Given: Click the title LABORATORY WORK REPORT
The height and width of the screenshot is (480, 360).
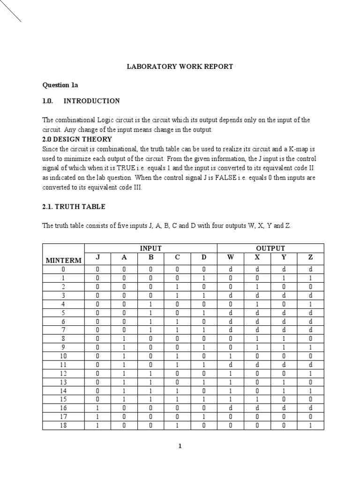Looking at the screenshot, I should click(x=180, y=67).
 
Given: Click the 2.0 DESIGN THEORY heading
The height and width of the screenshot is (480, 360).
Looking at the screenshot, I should click(x=77, y=139).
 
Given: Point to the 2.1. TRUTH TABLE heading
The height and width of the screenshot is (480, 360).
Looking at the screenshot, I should click(x=74, y=206).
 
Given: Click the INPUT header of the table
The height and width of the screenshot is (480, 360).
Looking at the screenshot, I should click(x=150, y=248).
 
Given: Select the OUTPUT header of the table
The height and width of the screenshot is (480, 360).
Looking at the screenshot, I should click(x=270, y=248).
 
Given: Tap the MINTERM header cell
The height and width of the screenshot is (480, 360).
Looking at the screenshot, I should click(x=63, y=260).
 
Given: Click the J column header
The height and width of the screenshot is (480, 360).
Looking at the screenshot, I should click(x=97, y=257).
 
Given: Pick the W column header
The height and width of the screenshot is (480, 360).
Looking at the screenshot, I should click(x=230, y=257).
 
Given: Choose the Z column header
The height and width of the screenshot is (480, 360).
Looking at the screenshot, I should click(x=310, y=257).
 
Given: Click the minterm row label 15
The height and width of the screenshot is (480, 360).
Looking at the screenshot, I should click(x=63, y=399).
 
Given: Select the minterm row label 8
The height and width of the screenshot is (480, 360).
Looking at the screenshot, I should click(x=63, y=338).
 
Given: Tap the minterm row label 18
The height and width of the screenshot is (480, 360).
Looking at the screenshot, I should click(x=63, y=425).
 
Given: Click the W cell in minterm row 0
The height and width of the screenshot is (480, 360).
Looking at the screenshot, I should click(x=230, y=270).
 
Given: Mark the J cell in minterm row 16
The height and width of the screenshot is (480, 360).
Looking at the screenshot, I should click(x=97, y=408).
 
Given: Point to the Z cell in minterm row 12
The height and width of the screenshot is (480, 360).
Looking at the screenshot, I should click(x=310, y=373).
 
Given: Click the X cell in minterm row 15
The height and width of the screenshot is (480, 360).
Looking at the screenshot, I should click(x=257, y=399).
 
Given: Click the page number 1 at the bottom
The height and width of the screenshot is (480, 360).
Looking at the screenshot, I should click(x=180, y=446).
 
